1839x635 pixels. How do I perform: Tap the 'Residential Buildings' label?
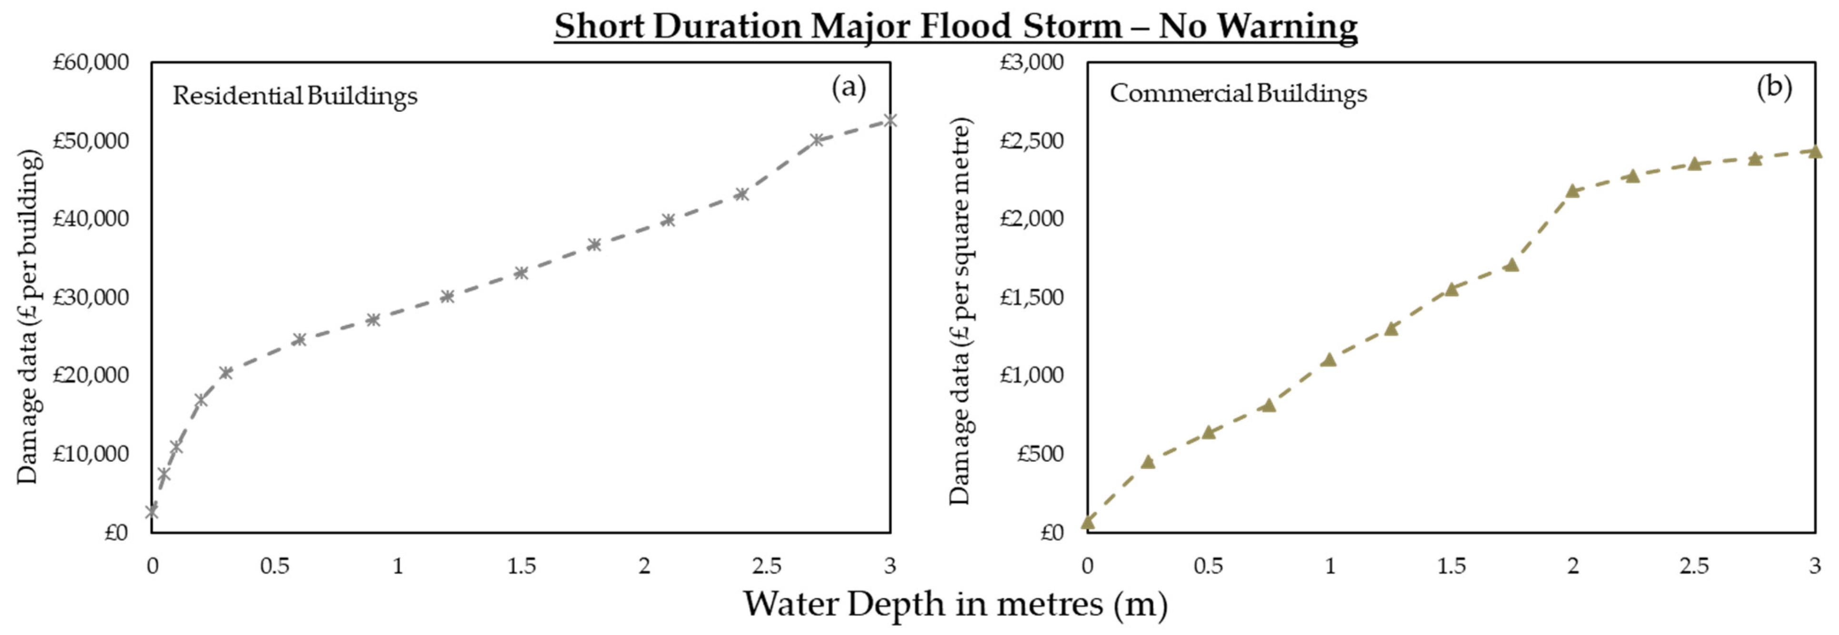point(295,95)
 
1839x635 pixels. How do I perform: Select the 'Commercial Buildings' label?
point(1238,93)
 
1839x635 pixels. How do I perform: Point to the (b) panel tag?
point(1774,87)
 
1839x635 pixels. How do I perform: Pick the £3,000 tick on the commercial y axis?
point(1031,63)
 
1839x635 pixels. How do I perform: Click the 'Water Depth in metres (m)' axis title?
point(955,604)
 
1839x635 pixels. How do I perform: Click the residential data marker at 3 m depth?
point(890,120)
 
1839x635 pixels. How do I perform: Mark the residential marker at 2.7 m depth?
point(817,140)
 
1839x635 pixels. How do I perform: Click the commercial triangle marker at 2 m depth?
point(1572,190)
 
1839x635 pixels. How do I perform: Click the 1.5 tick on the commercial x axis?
point(1450,567)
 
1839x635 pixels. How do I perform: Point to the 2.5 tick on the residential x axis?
point(766,567)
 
